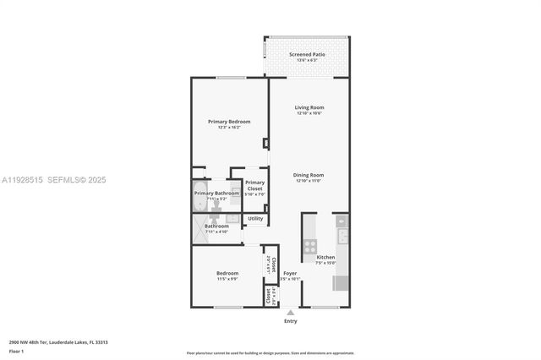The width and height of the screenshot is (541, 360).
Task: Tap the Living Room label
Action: coord(309,107)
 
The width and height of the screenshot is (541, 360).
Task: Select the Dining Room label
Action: coord(309,175)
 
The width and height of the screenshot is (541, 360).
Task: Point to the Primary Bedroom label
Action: coord(229,122)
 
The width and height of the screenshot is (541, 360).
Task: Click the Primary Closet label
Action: coord(254,185)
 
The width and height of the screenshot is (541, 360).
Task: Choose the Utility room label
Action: coord(254,219)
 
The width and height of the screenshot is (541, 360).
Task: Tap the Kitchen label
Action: coord(325,257)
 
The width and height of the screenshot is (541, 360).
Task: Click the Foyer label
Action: coord(290,273)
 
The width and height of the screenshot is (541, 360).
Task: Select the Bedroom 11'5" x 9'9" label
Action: coord(227,273)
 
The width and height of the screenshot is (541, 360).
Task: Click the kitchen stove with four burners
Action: coord(310,246)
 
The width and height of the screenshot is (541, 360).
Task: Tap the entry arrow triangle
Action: coord(291,312)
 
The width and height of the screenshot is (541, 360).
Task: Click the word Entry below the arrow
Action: coord(291,321)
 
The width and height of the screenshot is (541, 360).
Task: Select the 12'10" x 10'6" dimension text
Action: coord(309,113)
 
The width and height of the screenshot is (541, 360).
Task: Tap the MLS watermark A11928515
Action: coord(23,179)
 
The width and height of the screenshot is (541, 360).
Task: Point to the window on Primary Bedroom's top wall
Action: coord(230,78)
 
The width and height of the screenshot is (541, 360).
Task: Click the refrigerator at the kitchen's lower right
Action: coord(340,282)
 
